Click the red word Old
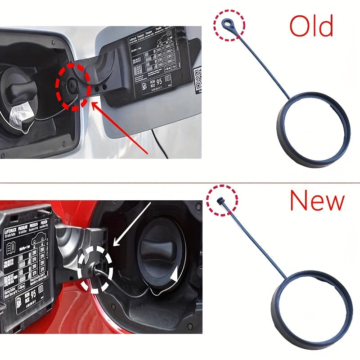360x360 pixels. pos(311,27)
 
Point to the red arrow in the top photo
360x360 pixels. pos(121,128)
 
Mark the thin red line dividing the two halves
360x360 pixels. pos(180,183)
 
